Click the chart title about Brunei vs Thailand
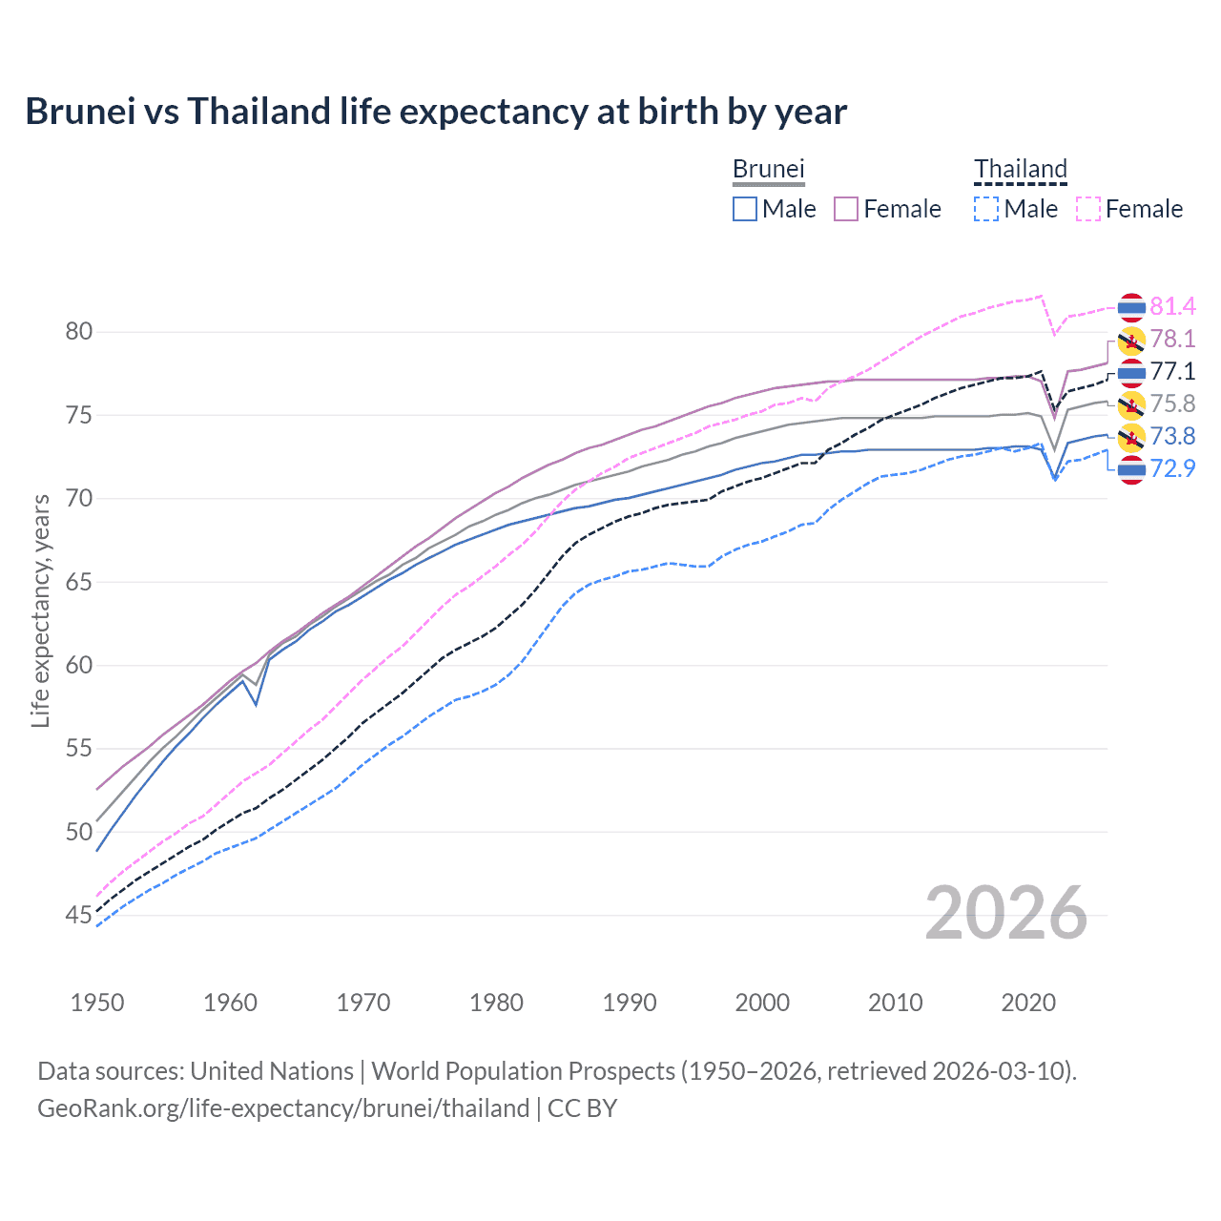click(436, 112)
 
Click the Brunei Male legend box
click(745, 209)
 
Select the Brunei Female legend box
click(847, 209)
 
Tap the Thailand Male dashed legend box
click(986, 209)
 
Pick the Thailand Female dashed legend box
click(1088, 209)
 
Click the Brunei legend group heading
click(769, 170)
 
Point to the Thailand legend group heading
click(1020, 170)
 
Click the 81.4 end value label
click(1172, 306)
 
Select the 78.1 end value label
click(1172, 339)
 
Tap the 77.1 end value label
click(1172, 371)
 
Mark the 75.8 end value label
click(1172, 404)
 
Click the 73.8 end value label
click(1172, 436)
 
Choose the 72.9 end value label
click(1172, 468)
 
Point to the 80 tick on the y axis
click(79, 332)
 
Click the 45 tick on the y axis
click(79, 916)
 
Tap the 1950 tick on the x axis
click(97, 1003)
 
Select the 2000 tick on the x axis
click(762, 1003)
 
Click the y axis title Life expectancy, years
click(40, 610)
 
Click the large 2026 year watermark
click(1006, 914)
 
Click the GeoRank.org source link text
click(283, 1108)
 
